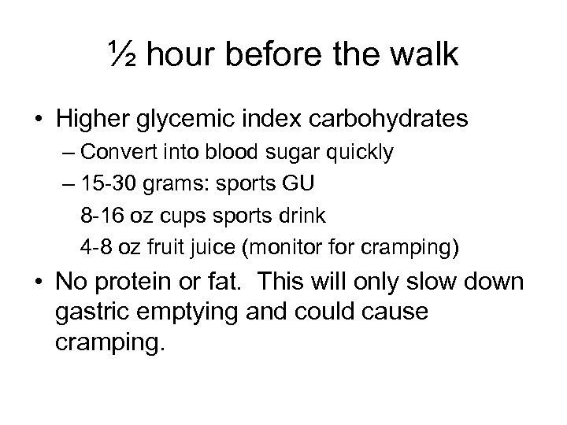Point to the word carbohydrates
pos(390,120)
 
